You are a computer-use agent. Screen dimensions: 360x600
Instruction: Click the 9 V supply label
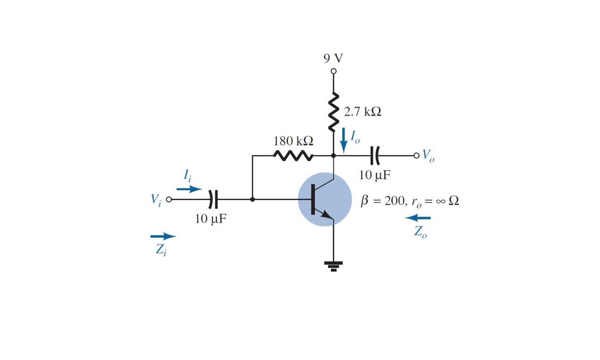coord(333,58)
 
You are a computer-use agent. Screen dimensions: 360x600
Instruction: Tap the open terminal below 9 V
coord(333,71)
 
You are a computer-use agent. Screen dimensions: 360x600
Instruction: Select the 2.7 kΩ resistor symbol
coord(333,111)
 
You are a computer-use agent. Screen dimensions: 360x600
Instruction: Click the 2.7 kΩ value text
coord(362,112)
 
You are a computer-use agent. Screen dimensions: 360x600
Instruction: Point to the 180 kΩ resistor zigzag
coord(293,155)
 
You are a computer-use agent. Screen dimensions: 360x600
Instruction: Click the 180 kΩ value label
coord(293,141)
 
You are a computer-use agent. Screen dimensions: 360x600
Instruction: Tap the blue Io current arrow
coord(343,140)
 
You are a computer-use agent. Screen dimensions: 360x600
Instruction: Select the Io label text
coord(355,137)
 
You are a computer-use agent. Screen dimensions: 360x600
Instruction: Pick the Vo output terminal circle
coord(416,155)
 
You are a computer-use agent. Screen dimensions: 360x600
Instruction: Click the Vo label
coord(428,156)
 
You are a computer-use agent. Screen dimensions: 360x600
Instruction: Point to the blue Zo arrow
coord(418,218)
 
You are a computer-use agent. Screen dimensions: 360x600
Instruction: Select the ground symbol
coord(333,266)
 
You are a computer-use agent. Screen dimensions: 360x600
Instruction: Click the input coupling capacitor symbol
coord(213,200)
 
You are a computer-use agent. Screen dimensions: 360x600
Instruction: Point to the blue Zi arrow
coord(163,236)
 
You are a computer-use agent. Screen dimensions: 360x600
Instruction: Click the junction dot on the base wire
coord(253,200)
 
